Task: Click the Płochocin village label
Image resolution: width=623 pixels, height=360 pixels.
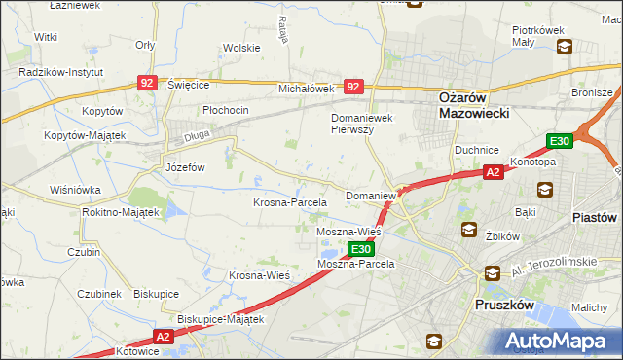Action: (x=226, y=110)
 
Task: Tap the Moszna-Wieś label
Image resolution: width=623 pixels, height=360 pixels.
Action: (x=348, y=234)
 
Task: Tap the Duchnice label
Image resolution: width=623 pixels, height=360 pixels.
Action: (x=476, y=150)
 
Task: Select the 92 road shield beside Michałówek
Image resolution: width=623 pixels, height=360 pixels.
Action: (x=352, y=88)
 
